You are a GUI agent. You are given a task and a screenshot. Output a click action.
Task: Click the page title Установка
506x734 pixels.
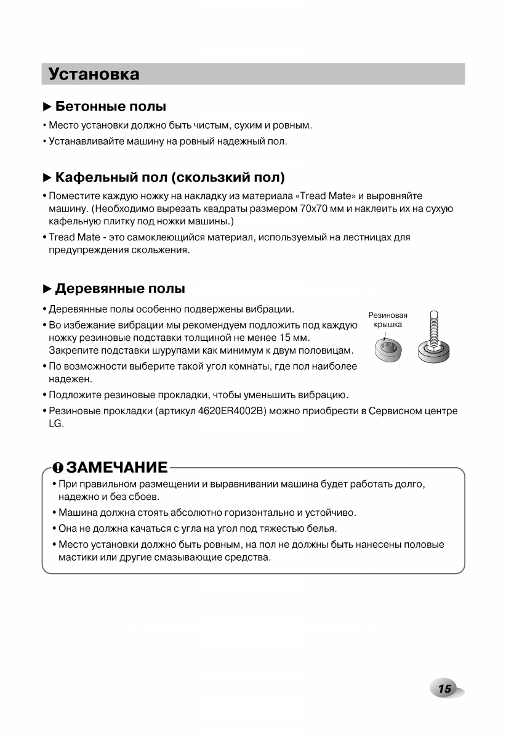pyautogui.click(x=94, y=74)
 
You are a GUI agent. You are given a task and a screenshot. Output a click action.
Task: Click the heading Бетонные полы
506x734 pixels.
pyautogui.click(x=111, y=107)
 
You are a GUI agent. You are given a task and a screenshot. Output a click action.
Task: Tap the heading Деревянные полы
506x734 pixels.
pyautogui.click(x=120, y=288)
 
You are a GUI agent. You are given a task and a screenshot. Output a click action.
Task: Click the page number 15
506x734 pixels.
pyautogui.click(x=444, y=689)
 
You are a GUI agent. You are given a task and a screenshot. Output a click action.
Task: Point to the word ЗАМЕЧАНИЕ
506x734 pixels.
pyautogui.click(x=117, y=467)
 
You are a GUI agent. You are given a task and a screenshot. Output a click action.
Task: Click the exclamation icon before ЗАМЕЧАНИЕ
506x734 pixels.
pyautogui.click(x=58, y=467)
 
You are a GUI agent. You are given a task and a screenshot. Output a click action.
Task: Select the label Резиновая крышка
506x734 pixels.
pyautogui.click(x=388, y=320)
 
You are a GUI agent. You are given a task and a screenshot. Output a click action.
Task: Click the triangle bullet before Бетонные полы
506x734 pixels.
pyautogui.click(x=47, y=107)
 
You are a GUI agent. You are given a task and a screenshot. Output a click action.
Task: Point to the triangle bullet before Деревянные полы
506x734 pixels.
pyautogui.click(x=47, y=288)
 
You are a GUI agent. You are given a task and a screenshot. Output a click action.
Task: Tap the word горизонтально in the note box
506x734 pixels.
pyautogui.click(x=242, y=512)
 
